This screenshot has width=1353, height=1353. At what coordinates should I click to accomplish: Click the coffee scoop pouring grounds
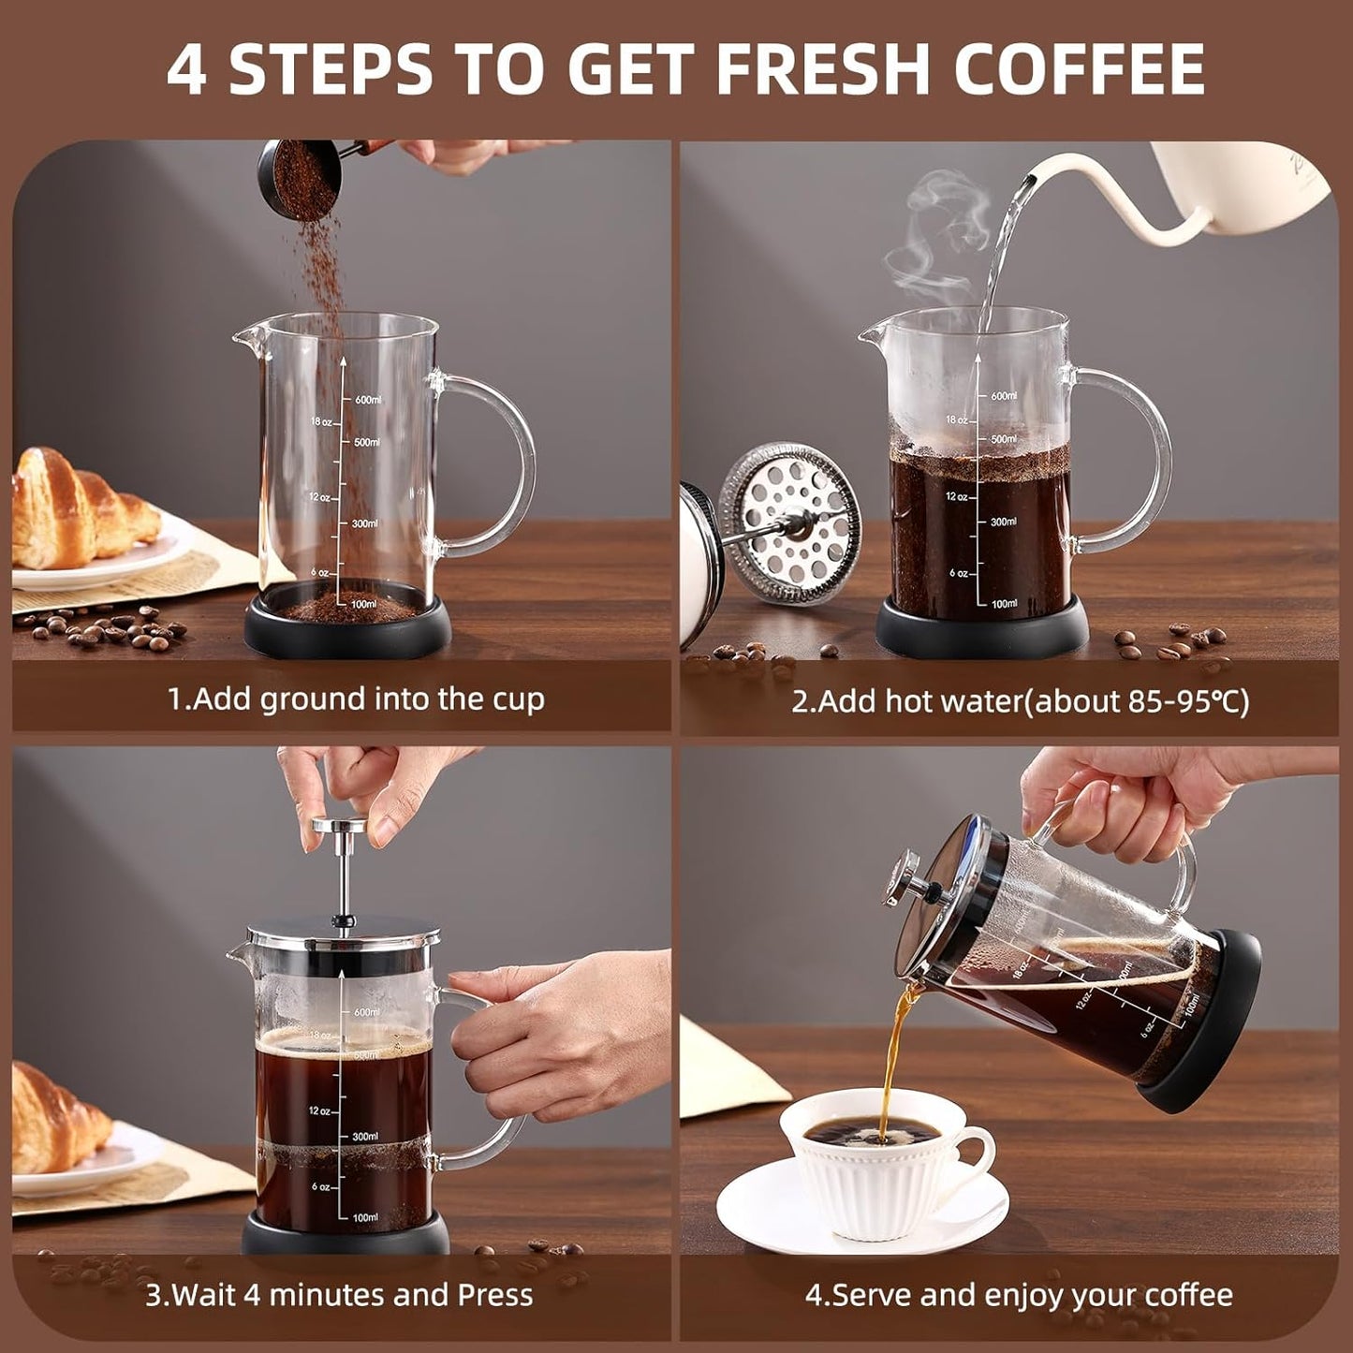[x=298, y=178]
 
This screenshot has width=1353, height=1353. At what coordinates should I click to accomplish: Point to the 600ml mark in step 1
[x=367, y=400]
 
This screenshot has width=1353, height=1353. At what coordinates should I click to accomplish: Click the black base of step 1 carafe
[x=347, y=632]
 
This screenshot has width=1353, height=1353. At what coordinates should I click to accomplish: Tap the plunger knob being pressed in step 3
[x=340, y=825]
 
